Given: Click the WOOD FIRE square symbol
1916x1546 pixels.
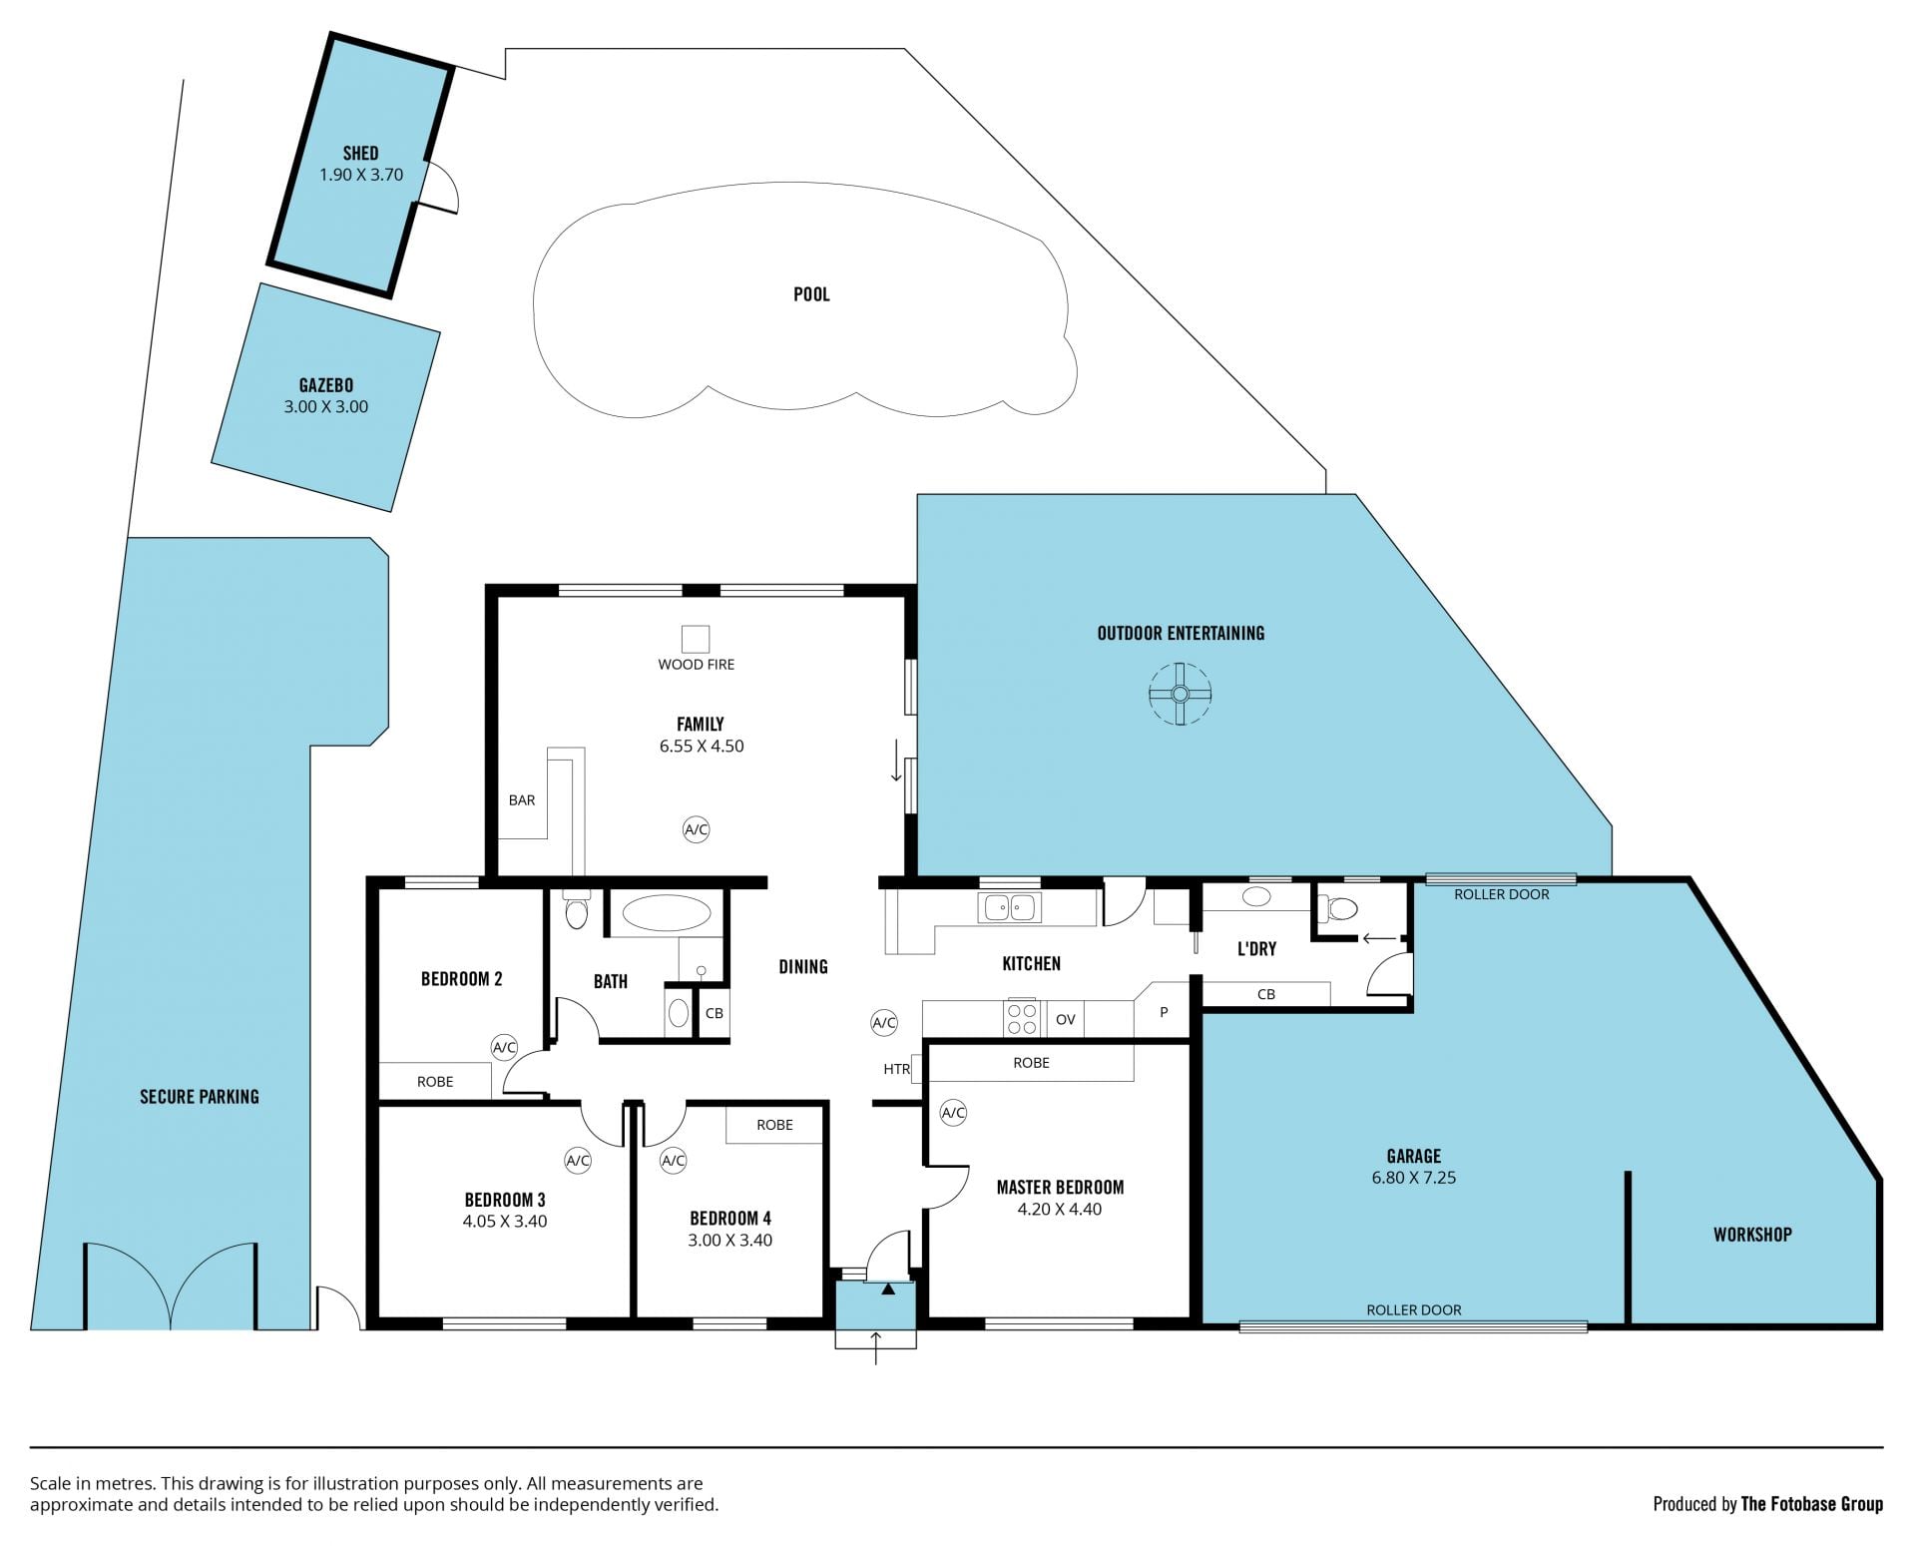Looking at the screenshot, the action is (x=696, y=639).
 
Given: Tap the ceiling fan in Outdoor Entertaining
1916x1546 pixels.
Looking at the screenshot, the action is (x=1180, y=694).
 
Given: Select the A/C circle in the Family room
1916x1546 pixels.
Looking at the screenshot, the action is (x=696, y=829).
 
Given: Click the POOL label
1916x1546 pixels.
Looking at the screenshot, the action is (x=811, y=294).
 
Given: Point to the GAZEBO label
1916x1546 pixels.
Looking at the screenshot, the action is (x=326, y=385).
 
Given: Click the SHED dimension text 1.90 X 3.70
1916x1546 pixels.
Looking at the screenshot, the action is (x=361, y=175).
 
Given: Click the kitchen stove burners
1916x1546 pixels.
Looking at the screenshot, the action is (x=1022, y=1019).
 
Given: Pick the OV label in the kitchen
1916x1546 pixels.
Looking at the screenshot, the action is (x=1066, y=1020).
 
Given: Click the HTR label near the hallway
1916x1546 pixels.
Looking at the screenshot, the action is (x=896, y=1069).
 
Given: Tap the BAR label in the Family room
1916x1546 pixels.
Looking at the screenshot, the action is (x=522, y=800).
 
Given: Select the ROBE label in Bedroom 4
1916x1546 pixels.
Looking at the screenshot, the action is (x=774, y=1125).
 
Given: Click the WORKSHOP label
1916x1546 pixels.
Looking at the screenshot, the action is (x=1752, y=1235).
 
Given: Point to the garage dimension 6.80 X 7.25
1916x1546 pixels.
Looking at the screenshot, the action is (x=1414, y=1178).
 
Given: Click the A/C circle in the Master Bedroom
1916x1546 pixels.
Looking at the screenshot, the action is (x=953, y=1113).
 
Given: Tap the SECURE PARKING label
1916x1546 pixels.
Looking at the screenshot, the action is (x=200, y=1097).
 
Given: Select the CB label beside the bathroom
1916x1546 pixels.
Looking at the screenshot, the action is (x=715, y=1013).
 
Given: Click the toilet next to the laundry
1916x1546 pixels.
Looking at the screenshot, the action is (x=1339, y=909).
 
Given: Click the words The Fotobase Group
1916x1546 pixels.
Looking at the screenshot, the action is (x=1812, y=1504).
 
